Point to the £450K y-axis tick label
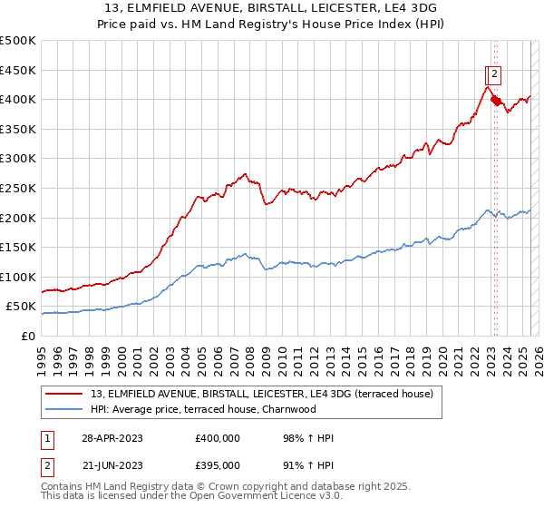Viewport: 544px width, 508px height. (x=18, y=70)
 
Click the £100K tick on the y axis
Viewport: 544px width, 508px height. (x=18, y=277)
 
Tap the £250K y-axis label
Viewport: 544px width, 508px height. (x=18, y=188)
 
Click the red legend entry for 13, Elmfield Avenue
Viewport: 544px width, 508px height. (x=262, y=394)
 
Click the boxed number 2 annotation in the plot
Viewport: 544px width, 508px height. (x=497, y=75)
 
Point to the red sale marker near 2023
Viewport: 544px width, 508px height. (x=495, y=100)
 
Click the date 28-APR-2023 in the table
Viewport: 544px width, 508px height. (x=112, y=438)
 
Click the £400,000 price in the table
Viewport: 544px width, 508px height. (x=218, y=438)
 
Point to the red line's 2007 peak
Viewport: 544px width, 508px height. (x=245, y=173)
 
